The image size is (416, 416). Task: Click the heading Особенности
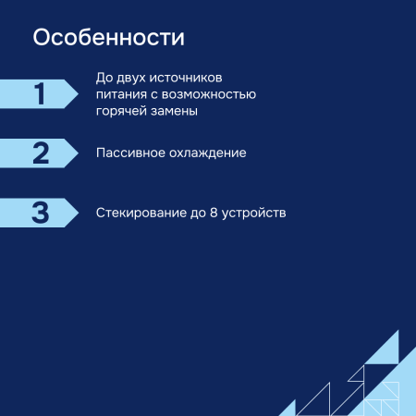pyautogui.click(x=108, y=38)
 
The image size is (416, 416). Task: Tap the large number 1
pyautogui.click(x=40, y=93)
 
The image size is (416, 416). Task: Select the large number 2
pyautogui.click(x=40, y=153)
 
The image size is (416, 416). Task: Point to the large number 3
pyautogui.click(x=40, y=213)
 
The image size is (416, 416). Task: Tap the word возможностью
pyautogui.click(x=212, y=93)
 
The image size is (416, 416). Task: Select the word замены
pyautogui.click(x=176, y=110)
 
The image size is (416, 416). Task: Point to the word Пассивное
pyautogui.click(x=132, y=153)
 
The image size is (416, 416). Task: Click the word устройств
pyautogui.click(x=255, y=213)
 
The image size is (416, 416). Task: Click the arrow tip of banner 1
pyautogui.click(x=78, y=93)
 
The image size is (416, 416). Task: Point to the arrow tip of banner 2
pyautogui.click(x=78, y=153)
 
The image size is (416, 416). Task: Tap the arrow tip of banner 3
pyautogui.click(x=78, y=213)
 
